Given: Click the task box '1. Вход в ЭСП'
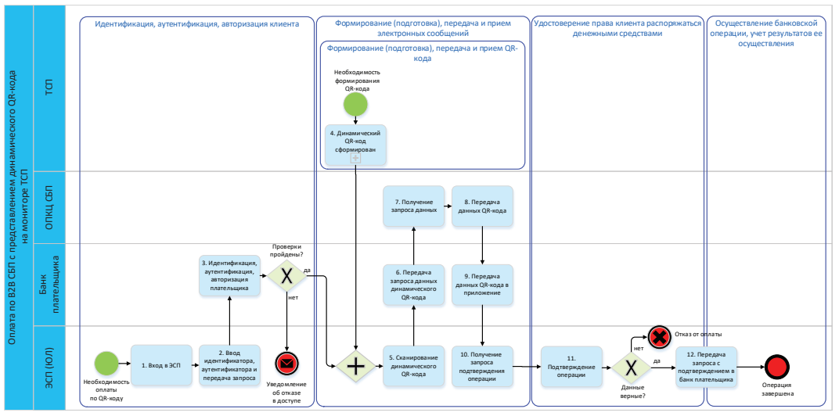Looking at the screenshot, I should coord(161,365).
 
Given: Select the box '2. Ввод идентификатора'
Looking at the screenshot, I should coord(229,365).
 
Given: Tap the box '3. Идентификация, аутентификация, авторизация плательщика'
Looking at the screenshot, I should coord(229,275).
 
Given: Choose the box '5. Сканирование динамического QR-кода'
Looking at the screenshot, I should coord(413,365).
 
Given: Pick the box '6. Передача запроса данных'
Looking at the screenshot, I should coord(413,285).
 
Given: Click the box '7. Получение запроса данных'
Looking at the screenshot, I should coord(413,206).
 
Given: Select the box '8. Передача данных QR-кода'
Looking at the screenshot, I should coord(482,206).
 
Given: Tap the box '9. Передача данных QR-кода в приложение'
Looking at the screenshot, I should coord(482,285).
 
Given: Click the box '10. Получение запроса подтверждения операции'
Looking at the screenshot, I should coord(482,365).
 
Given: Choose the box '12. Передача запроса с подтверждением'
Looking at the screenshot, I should coord(707,365).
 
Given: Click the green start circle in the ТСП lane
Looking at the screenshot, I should coord(355,106).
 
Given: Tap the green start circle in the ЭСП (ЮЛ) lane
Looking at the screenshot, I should coord(106,364).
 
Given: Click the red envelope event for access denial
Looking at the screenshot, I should coord(287,364).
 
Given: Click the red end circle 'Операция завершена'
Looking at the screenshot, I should coord(776,366).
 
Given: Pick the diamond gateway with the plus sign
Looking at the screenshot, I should coord(356,366).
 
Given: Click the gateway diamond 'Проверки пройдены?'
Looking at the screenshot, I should coord(287,275).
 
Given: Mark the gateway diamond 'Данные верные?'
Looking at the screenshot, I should coord(632,366).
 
